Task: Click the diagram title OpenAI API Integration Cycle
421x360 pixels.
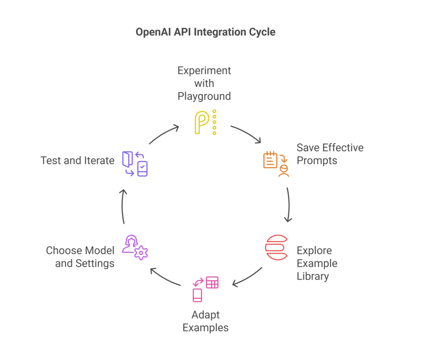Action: click(x=205, y=32)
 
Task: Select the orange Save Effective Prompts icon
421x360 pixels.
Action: click(x=276, y=164)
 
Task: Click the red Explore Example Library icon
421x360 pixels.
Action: click(x=276, y=247)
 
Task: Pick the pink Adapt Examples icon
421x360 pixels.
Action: click(x=205, y=288)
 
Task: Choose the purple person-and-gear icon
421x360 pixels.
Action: click(x=135, y=247)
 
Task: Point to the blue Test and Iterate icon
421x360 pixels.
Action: click(x=135, y=164)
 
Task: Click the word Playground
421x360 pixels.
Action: click(x=204, y=96)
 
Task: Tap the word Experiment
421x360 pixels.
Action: click(x=204, y=70)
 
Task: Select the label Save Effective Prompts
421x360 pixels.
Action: click(x=330, y=154)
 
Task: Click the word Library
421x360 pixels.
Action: click(x=312, y=276)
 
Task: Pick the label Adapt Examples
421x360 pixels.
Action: click(x=205, y=321)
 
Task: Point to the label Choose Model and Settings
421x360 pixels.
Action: click(x=80, y=257)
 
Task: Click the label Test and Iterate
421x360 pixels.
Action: click(x=77, y=160)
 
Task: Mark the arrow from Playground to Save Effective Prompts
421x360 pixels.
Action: click(x=246, y=134)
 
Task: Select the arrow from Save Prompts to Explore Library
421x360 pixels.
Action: click(x=289, y=205)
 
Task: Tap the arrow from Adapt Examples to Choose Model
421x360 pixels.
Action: click(x=165, y=277)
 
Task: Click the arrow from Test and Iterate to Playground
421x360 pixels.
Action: click(x=164, y=134)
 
